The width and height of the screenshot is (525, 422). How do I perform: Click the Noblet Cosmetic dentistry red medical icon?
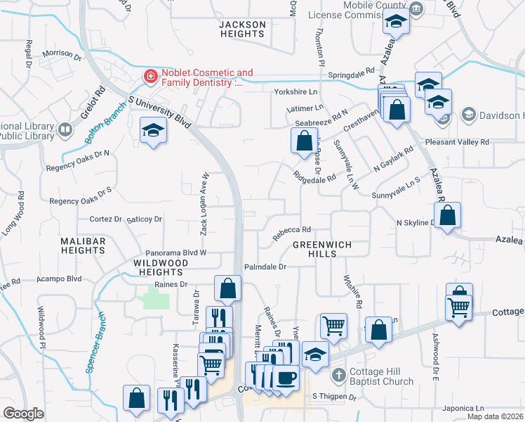point(150,76)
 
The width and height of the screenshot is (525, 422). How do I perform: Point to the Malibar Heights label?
point(83,245)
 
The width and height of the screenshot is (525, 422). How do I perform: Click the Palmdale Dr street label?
point(266,267)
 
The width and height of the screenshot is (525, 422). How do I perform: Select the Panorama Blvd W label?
point(175,252)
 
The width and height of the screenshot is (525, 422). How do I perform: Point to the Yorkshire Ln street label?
point(295,92)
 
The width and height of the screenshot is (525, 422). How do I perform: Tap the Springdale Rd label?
point(354,72)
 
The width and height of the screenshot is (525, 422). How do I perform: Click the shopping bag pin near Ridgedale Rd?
point(303,141)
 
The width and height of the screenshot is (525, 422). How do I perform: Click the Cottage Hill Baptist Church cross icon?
point(339,374)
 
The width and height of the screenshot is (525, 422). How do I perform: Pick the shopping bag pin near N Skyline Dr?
point(449,215)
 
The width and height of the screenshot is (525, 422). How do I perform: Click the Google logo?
point(23,414)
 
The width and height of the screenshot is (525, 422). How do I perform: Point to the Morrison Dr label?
point(67,53)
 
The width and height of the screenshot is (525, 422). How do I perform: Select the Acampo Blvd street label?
point(60,279)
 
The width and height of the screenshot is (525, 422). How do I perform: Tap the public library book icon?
point(65,130)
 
